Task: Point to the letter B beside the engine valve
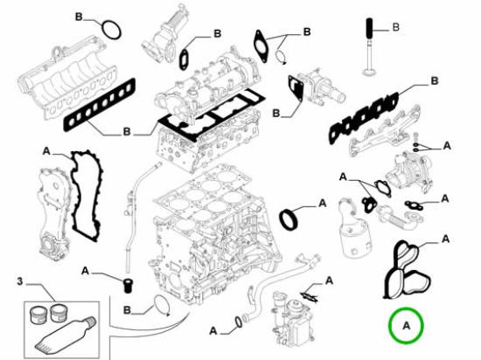point(395,28)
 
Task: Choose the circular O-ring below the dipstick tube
point(159,305)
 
